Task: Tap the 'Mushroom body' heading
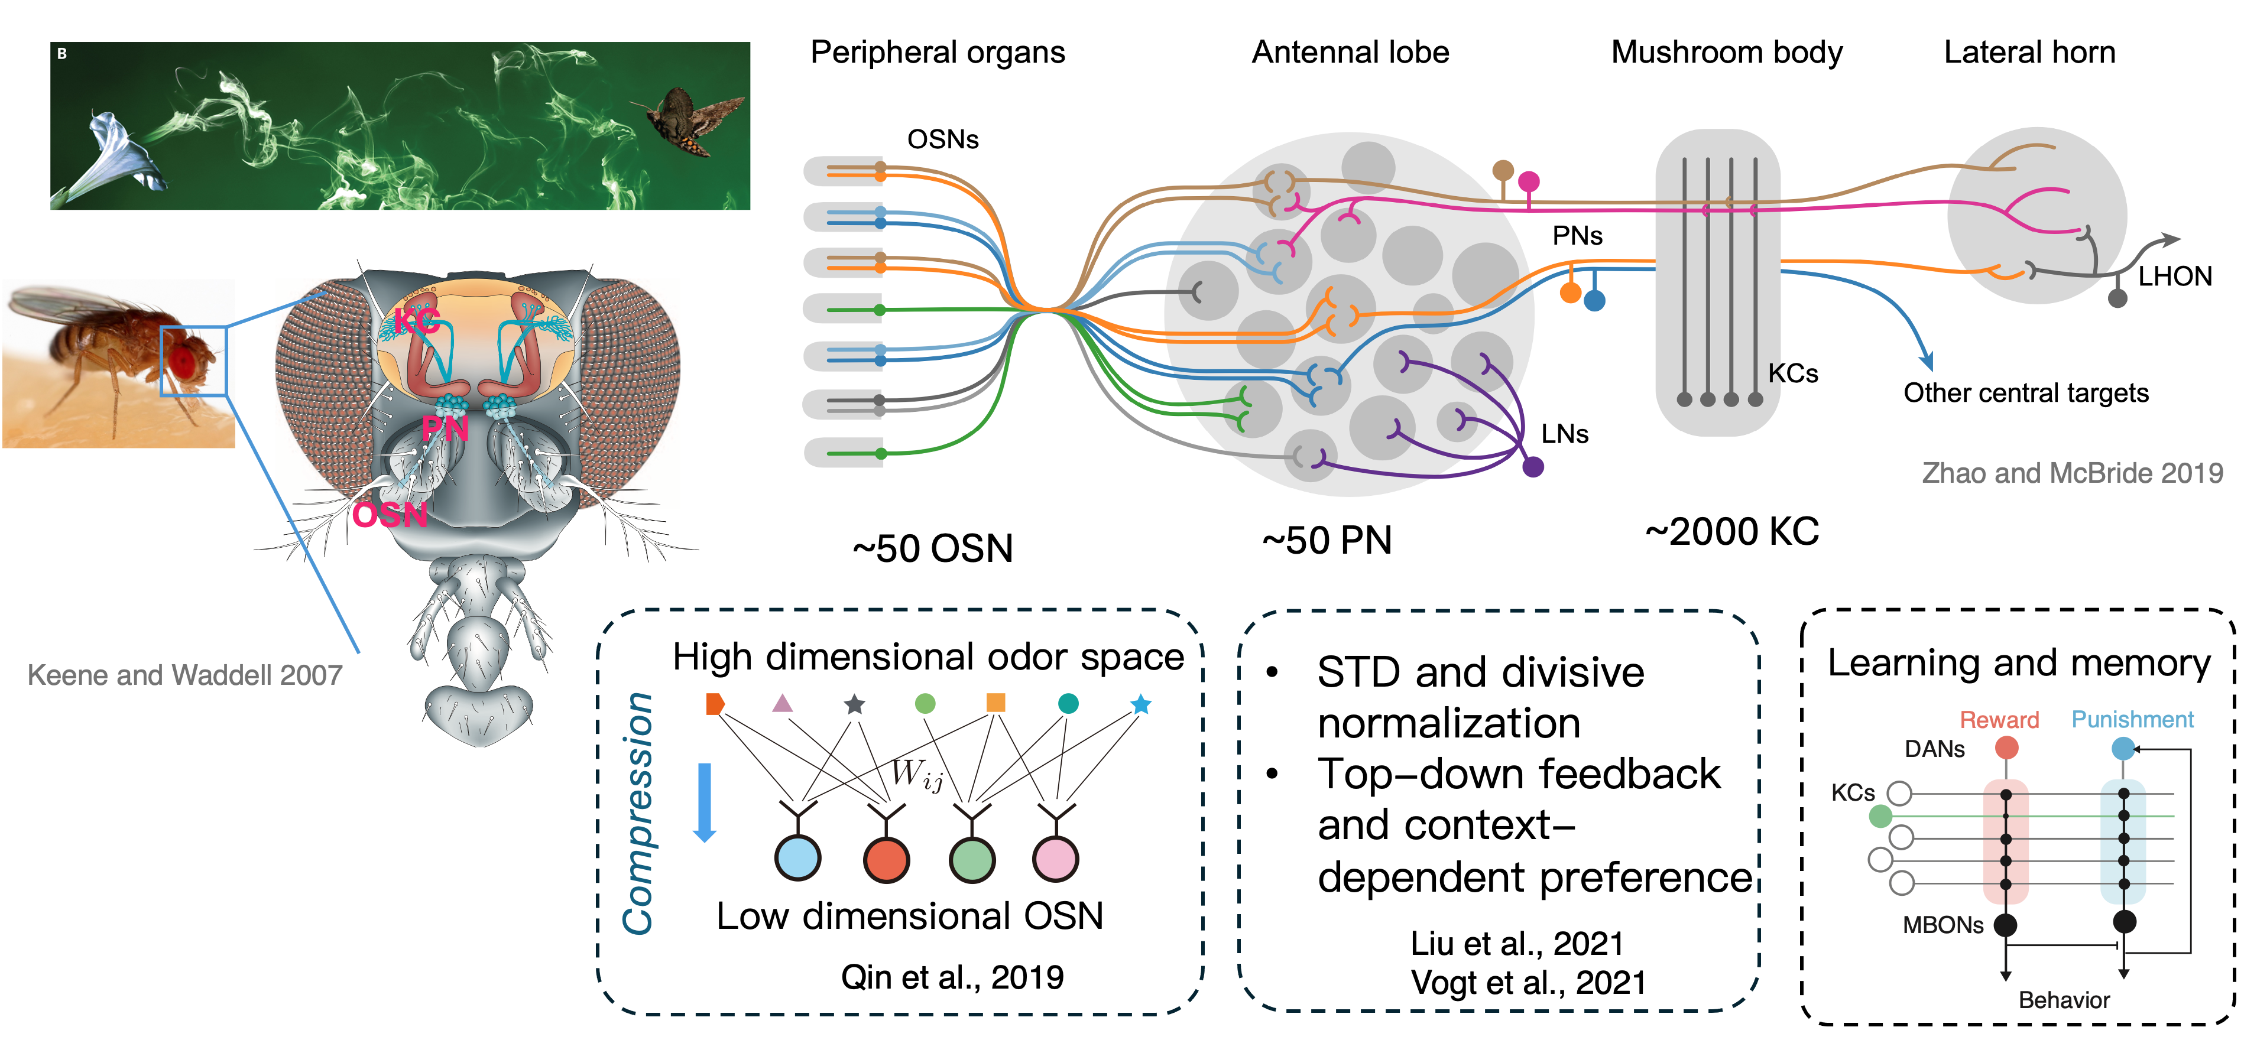pyautogui.click(x=1726, y=53)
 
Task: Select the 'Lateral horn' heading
pyautogui.click(x=2029, y=53)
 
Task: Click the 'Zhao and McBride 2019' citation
pyautogui.click(x=2072, y=473)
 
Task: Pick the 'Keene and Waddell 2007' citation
pyautogui.click(x=185, y=675)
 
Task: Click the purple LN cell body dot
pyautogui.click(x=1532, y=467)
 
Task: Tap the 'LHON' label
pyautogui.click(x=2175, y=277)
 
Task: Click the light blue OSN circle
pyautogui.click(x=797, y=858)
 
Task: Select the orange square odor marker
pyautogui.click(x=995, y=703)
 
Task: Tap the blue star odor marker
pyautogui.click(x=1141, y=704)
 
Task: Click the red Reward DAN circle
pyautogui.click(x=2006, y=747)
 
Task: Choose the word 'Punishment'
pyautogui.click(x=2132, y=719)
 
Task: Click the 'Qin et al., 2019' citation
pyautogui.click(x=952, y=977)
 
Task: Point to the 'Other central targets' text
pyautogui.click(x=2026, y=392)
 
